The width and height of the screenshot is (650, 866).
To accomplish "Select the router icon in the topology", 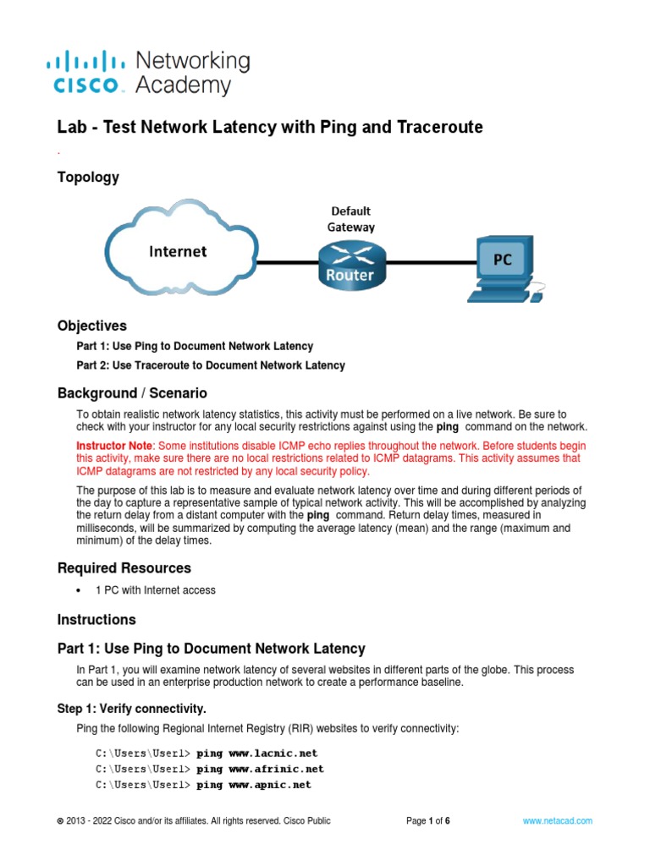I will tap(350, 264).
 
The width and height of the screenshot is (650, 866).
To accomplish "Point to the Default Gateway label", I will tap(350, 218).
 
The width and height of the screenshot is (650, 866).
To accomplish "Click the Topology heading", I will tap(88, 178).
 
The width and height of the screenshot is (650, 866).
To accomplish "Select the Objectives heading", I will tap(91, 326).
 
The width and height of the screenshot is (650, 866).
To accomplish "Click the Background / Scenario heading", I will tap(131, 393).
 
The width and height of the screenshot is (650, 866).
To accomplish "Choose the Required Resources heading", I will tap(124, 567).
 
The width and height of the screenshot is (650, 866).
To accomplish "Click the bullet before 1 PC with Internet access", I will tap(79, 590).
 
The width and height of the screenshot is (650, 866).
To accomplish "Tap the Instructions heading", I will tap(96, 620).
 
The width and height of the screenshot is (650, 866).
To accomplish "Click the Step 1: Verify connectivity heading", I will tap(131, 708).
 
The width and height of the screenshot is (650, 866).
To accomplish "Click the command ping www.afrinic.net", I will tap(260, 769).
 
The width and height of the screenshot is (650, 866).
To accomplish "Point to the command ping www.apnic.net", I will tap(253, 785).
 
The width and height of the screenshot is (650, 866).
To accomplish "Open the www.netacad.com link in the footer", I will tap(557, 820).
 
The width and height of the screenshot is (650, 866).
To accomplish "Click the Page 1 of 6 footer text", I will tap(428, 820).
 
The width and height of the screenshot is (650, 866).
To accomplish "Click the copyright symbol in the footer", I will tap(59, 821).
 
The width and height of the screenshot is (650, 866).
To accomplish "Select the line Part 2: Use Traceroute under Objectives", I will tap(211, 365).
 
